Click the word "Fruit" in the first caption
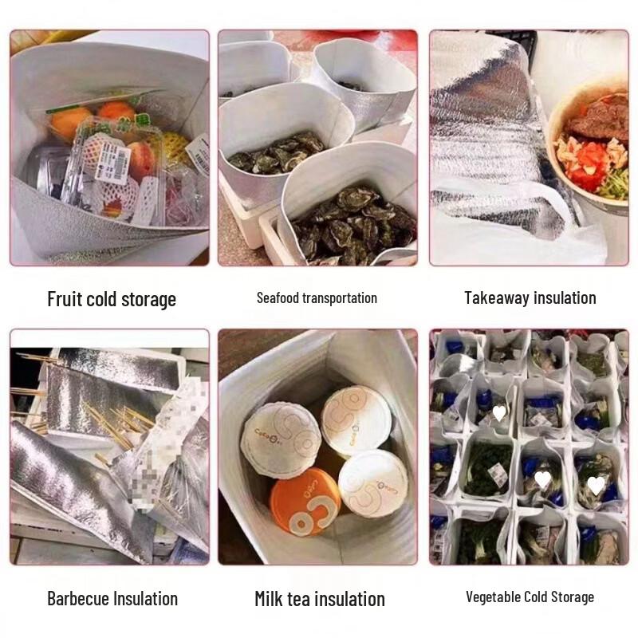65,300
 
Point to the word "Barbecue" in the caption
78,598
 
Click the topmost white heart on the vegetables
499,413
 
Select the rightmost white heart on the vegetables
596,485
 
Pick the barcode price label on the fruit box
112,164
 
